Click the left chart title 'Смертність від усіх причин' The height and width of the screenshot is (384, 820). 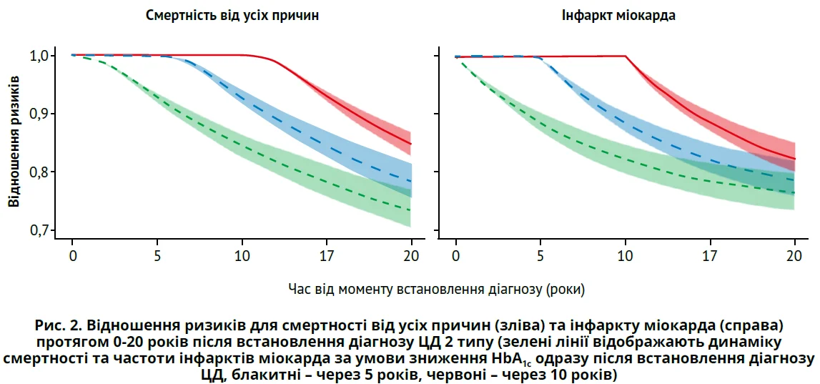(x=232, y=15)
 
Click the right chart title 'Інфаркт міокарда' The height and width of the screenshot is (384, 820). (x=618, y=15)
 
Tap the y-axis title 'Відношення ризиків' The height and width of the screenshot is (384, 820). (x=14, y=142)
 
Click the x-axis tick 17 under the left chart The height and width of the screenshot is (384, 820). (x=327, y=256)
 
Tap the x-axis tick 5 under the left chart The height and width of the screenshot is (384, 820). (x=157, y=256)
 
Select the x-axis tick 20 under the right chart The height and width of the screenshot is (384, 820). (x=795, y=256)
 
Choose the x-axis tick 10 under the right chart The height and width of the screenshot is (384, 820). (x=626, y=256)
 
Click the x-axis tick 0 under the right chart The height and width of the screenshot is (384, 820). (x=456, y=256)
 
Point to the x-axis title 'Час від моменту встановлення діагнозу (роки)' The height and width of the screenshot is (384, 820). (x=436, y=289)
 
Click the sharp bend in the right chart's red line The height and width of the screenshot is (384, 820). (x=626, y=56)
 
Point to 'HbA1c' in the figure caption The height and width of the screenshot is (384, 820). (x=510, y=357)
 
